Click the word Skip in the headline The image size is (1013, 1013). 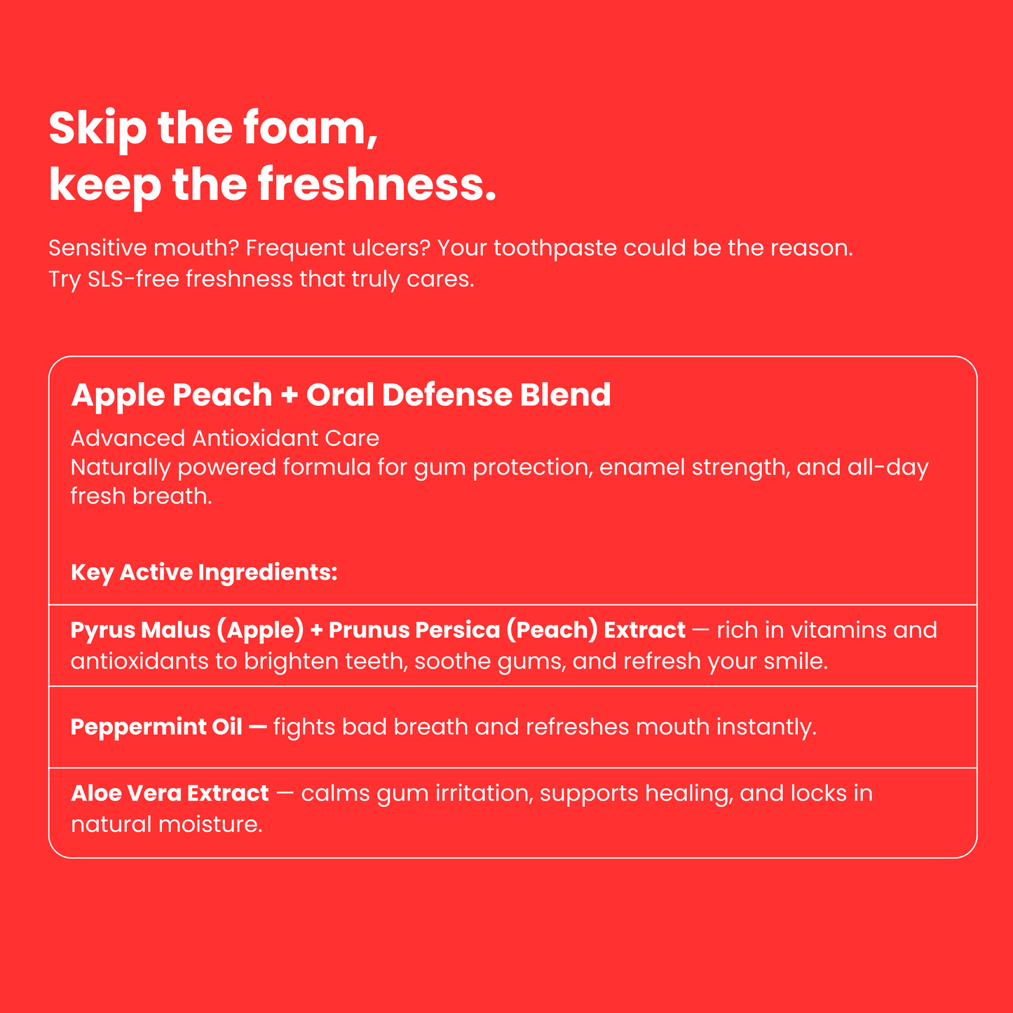(x=97, y=128)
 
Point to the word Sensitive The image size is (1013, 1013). (x=97, y=247)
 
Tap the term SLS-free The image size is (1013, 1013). (x=133, y=279)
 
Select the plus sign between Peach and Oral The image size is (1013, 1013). (x=289, y=395)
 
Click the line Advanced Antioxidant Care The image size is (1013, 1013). (x=225, y=438)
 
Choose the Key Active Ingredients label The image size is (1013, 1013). (x=204, y=572)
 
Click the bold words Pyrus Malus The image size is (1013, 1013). (x=140, y=630)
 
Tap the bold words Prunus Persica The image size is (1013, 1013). (x=414, y=630)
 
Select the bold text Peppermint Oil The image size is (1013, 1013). (x=156, y=727)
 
